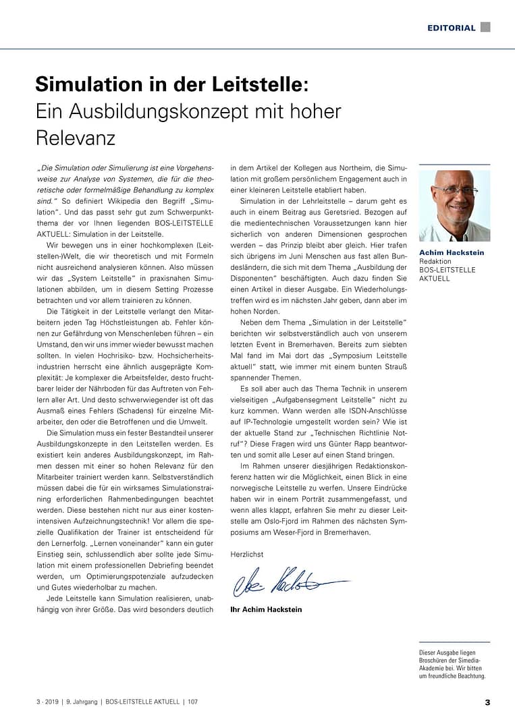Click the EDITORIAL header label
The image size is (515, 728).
[x=451, y=28]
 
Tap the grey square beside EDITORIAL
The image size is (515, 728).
[x=485, y=27]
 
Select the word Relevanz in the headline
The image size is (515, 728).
[x=76, y=137]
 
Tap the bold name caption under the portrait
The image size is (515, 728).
[x=452, y=253]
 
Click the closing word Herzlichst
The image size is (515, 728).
[x=247, y=554]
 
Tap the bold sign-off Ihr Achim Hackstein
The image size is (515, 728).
[x=266, y=609]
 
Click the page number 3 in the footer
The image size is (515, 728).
[x=487, y=702]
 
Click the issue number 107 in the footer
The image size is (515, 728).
[x=193, y=702]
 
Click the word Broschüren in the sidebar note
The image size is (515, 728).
[x=438, y=661]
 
